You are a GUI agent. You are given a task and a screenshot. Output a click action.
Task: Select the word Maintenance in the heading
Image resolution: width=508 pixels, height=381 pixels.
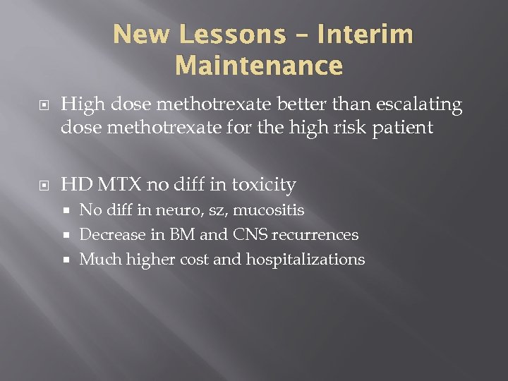[x=259, y=66]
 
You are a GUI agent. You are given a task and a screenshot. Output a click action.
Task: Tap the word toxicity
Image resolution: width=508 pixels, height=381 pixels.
[x=261, y=185]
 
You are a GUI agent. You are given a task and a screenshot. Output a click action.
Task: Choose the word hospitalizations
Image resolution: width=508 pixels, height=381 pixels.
[x=305, y=260]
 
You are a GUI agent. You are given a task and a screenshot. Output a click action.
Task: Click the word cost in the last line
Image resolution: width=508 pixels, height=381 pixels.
[x=194, y=260]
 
